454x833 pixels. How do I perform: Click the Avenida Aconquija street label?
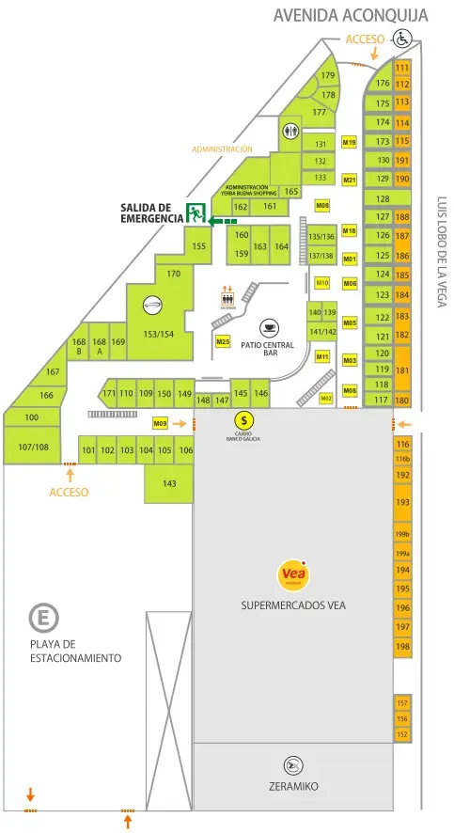351,16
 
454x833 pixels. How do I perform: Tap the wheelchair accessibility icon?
403,39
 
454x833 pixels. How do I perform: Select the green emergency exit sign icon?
196,212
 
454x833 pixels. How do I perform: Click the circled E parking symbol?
41,618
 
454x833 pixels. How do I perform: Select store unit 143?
169,483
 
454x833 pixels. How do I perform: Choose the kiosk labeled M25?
223,342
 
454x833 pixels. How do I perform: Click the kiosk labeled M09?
160,424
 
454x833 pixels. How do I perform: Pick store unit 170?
173,274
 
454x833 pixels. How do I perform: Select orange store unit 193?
402,503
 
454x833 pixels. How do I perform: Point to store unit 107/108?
34,447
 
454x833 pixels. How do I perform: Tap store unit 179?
327,75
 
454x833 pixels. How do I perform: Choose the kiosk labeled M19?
349,143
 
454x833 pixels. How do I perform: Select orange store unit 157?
402,703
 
